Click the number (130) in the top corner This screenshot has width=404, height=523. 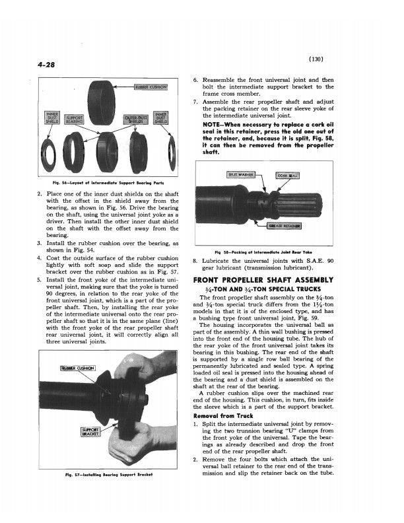(317, 59)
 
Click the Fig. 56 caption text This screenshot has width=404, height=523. (109, 183)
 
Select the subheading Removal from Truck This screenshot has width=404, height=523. (223, 417)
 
